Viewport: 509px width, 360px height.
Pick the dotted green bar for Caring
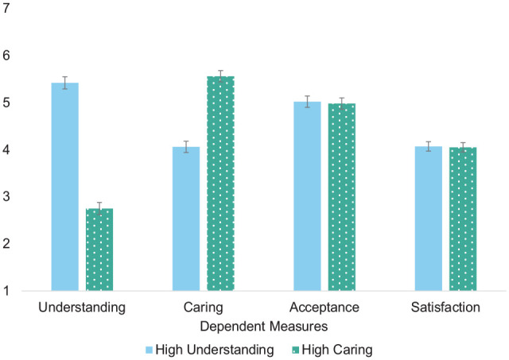[x=220, y=184]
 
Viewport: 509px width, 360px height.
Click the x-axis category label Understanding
[x=82, y=308]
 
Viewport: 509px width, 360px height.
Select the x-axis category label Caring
[x=203, y=308]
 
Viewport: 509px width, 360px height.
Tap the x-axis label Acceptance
[x=324, y=308]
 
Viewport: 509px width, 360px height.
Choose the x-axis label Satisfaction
[x=445, y=308]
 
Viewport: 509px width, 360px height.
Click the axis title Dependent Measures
[x=263, y=326]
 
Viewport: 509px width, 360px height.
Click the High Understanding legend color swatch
[x=149, y=349]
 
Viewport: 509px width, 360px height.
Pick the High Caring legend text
[x=341, y=349]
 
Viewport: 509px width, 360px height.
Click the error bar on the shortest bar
[x=99, y=208]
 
